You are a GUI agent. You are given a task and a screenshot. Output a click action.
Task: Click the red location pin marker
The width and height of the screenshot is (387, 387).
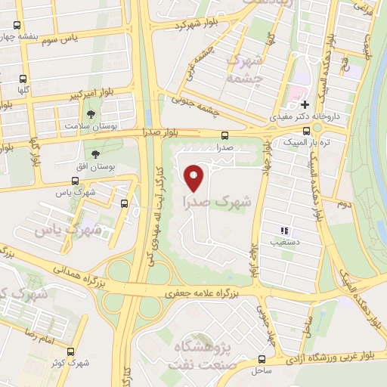click(195, 177)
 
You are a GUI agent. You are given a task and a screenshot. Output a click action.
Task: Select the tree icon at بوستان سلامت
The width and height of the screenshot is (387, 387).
click(91, 115)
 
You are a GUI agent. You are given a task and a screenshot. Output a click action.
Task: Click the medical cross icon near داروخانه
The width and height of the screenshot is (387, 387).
click(304, 105)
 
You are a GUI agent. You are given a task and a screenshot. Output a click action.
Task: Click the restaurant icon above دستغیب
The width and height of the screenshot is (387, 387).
click(283, 231)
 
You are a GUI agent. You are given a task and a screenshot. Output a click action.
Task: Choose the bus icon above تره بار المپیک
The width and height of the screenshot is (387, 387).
click(305, 131)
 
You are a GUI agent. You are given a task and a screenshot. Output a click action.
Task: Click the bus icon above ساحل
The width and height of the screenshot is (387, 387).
click(262, 359)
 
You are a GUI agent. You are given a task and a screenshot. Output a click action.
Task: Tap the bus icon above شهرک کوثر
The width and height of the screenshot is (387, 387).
click(71, 352)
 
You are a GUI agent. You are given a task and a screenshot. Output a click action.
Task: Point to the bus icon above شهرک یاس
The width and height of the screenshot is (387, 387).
click(74, 181)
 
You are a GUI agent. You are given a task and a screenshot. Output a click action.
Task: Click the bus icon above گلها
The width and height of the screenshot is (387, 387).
click(23, 78)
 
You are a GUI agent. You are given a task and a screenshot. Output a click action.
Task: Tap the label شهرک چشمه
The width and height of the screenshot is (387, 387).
click(244, 67)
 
